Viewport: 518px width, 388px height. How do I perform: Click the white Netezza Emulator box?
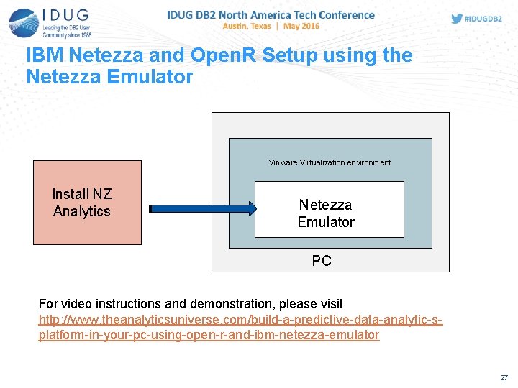[329, 209]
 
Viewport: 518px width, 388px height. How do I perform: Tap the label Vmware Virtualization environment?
[330, 162]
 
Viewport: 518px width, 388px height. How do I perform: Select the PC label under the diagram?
[322, 261]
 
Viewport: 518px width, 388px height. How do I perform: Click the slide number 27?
[503, 377]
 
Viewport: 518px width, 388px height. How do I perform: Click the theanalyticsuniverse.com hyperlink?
[240, 327]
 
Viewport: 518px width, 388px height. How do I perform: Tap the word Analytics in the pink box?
[82, 211]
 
